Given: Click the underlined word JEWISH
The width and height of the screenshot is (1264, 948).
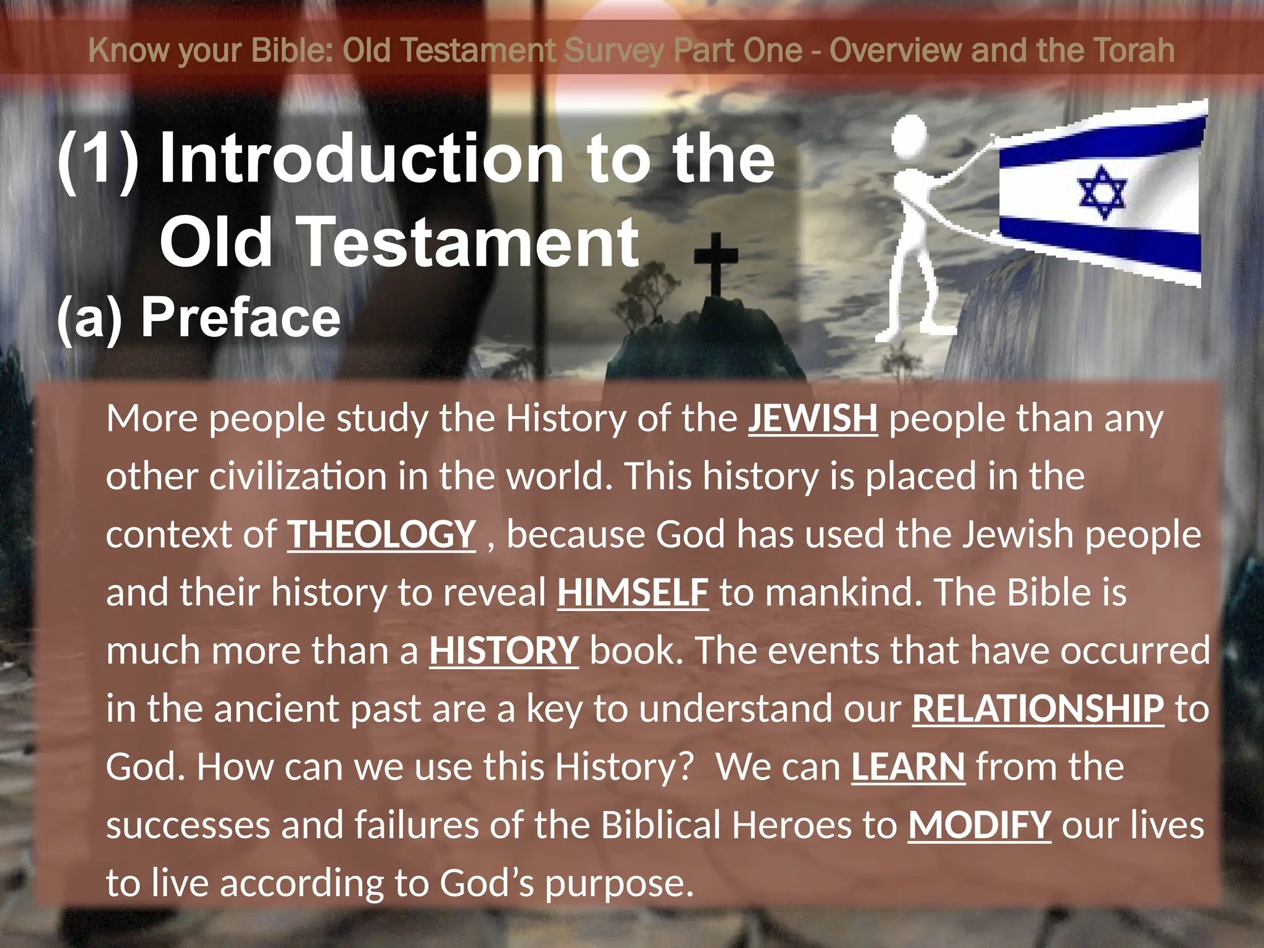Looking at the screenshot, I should point(812,418).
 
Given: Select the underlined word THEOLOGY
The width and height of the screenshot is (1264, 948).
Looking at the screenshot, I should point(381,534).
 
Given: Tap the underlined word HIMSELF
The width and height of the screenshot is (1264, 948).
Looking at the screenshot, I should point(633,592).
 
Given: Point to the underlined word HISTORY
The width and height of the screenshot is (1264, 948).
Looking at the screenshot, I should point(504,651).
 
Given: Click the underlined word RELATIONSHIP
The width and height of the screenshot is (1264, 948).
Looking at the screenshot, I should point(1038,709).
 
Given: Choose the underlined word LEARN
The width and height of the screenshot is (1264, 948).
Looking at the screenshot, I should point(908,767).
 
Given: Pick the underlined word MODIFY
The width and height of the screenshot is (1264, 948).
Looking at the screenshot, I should point(979,825).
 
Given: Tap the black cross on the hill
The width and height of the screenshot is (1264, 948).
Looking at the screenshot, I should point(716,262).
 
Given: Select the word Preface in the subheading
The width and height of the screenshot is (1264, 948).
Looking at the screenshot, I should point(241,318).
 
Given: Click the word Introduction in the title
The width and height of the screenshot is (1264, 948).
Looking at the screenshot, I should point(362,159).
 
